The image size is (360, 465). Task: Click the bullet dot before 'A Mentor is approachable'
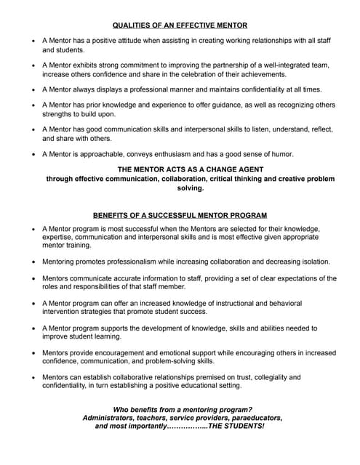[33, 154]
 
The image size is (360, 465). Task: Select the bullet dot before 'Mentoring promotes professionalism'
[33, 262]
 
